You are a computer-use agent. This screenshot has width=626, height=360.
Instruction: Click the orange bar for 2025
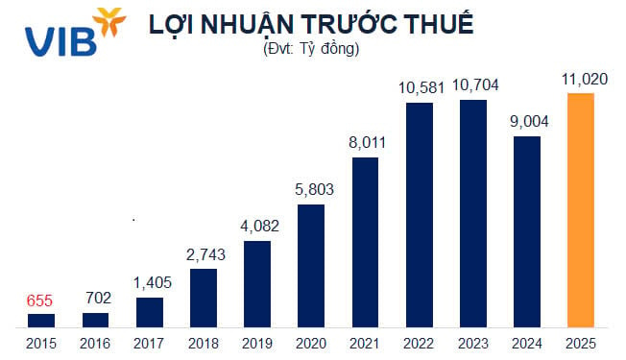click(581, 209)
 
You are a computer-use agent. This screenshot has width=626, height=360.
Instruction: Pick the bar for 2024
click(527, 230)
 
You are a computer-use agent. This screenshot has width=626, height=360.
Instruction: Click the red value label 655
click(40, 300)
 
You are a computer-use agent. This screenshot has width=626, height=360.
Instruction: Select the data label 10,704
click(472, 85)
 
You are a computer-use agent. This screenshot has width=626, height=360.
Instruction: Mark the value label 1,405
click(149, 283)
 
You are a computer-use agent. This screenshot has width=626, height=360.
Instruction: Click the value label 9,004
click(526, 122)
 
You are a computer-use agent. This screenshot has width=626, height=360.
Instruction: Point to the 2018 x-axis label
click(203, 342)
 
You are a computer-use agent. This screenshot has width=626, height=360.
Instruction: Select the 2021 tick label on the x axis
click(365, 342)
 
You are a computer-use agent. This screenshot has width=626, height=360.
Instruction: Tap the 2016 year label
click(95, 342)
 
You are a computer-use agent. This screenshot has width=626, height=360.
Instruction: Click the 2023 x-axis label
click(472, 342)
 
